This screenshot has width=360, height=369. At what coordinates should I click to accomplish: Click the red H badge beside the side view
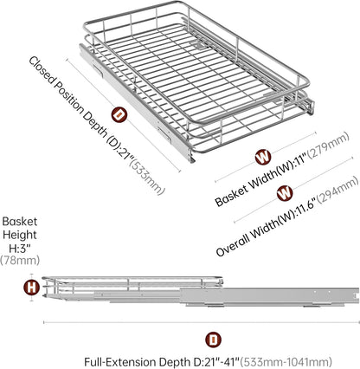(31, 288)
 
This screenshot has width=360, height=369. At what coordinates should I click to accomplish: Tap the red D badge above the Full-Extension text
(213, 340)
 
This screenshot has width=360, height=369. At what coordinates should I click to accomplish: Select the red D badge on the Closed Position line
(119, 115)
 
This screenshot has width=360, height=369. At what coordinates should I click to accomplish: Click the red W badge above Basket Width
(263, 157)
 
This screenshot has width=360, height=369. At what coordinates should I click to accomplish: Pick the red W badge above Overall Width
(285, 193)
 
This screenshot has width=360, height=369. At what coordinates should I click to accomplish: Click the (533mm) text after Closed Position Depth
(147, 177)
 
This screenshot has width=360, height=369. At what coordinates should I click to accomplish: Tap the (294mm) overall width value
(337, 192)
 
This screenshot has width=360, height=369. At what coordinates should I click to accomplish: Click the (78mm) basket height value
(20, 261)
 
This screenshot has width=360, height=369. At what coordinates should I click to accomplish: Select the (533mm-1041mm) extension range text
(286, 362)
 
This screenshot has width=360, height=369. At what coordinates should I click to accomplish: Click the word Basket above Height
(20, 222)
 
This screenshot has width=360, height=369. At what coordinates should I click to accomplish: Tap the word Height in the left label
(20, 235)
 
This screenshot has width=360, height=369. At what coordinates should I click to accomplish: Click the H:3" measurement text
(20, 248)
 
